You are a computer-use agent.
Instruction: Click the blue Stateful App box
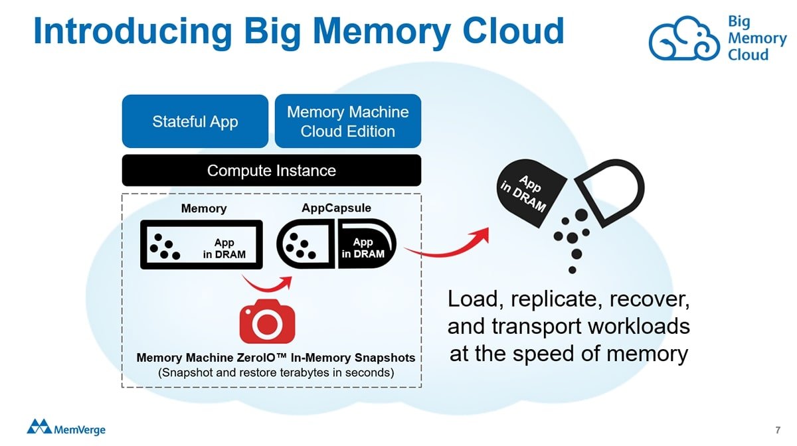click(195, 121)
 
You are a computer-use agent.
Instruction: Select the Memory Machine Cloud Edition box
click(347, 121)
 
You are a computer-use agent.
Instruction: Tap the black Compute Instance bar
click(271, 171)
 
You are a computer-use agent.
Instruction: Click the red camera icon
click(267, 322)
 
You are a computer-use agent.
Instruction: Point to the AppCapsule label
click(336, 208)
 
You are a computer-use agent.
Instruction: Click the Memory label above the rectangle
click(204, 208)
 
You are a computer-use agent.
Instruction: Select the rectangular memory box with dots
click(201, 245)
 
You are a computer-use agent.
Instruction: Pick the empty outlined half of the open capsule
click(610, 190)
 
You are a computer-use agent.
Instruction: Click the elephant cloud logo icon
click(684, 38)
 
